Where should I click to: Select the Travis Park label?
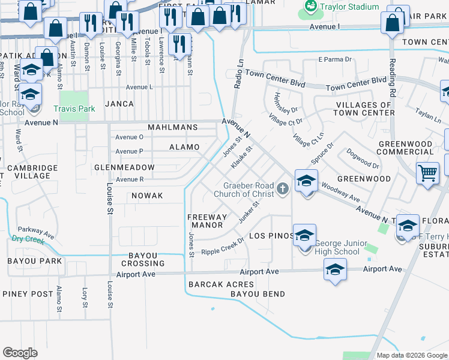(x=74, y=109)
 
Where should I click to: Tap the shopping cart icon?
(x=427, y=173)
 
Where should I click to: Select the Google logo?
(x=20, y=353)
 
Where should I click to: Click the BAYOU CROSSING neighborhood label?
(x=143, y=259)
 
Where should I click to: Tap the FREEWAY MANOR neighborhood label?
(x=206, y=221)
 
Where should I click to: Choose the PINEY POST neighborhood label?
(x=28, y=294)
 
